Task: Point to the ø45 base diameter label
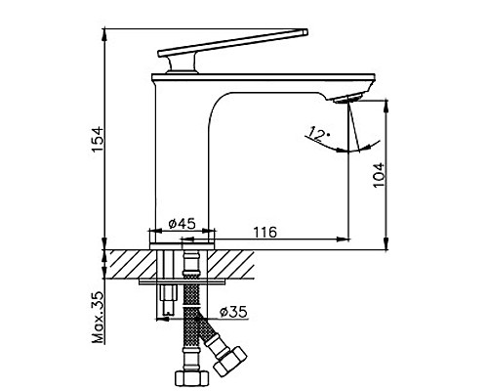(183, 223)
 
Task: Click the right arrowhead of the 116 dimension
(344, 238)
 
